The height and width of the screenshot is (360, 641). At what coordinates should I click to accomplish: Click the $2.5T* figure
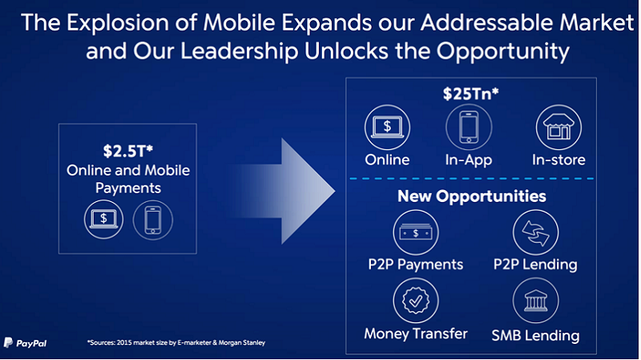[128, 152]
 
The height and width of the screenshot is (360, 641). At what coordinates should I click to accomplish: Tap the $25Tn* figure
[471, 94]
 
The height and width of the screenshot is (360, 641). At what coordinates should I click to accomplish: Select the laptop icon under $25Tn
[387, 127]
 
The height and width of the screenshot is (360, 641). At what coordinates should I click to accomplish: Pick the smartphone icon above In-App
[469, 127]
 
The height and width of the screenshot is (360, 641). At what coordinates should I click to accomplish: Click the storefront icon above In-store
[558, 127]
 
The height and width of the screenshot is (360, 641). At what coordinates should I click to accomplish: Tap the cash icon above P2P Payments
[416, 233]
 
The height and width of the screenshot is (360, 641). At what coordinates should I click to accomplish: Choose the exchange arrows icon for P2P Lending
[535, 233]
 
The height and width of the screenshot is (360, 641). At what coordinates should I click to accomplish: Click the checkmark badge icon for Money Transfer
[416, 301]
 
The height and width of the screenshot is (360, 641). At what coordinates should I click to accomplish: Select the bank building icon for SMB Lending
[535, 301]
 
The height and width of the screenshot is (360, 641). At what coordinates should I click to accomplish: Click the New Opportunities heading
[472, 196]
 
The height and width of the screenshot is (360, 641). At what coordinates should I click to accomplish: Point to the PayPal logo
[25, 343]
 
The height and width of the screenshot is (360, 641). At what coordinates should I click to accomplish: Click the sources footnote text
[176, 342]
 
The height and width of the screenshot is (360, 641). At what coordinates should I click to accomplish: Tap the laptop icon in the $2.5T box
[104, 219]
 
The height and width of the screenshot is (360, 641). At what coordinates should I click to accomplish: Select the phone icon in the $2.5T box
[153, 220]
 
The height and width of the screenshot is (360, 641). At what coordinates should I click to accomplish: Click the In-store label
[558, 160]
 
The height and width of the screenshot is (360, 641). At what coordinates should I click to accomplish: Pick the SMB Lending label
[535, 335]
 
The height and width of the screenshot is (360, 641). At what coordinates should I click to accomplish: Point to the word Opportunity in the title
[503, 51]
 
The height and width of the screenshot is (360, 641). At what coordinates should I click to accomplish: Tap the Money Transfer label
[416, 334]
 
